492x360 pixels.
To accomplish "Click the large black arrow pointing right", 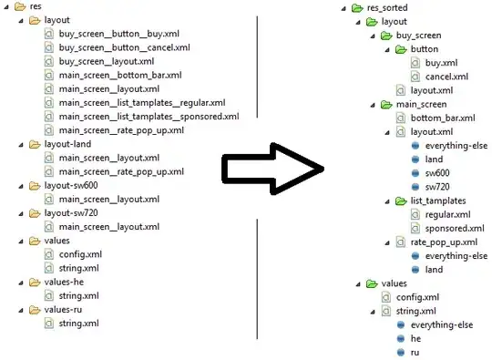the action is (272, 169).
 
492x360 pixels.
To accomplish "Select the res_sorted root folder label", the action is (387, 8).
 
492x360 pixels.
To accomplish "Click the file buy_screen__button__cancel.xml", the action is (124, 47).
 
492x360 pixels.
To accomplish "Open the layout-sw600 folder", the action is (71, 186).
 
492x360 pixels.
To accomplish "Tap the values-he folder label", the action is (64, 283).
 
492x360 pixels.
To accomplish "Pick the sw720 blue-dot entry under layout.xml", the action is (437, 187).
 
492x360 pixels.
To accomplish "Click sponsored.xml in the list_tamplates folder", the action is (455, 229).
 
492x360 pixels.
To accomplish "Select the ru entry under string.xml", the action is (415, 353).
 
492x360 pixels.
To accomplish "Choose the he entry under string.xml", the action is (415, 339).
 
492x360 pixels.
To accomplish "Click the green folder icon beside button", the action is (401, 49).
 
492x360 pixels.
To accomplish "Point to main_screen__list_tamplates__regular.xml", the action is (142, 103).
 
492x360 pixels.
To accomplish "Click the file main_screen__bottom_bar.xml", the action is (120, 76).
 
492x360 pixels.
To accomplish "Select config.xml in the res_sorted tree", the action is (417, 297).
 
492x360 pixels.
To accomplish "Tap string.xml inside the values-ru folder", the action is (78, 324).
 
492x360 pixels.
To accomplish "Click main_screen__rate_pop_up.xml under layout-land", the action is (121, 172).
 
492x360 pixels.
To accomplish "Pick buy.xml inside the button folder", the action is (441, 63).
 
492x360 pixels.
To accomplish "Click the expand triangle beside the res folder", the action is (6, 7).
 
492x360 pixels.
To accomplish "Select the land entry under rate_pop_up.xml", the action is (434, 270).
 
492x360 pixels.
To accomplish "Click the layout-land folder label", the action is (67, 144).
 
